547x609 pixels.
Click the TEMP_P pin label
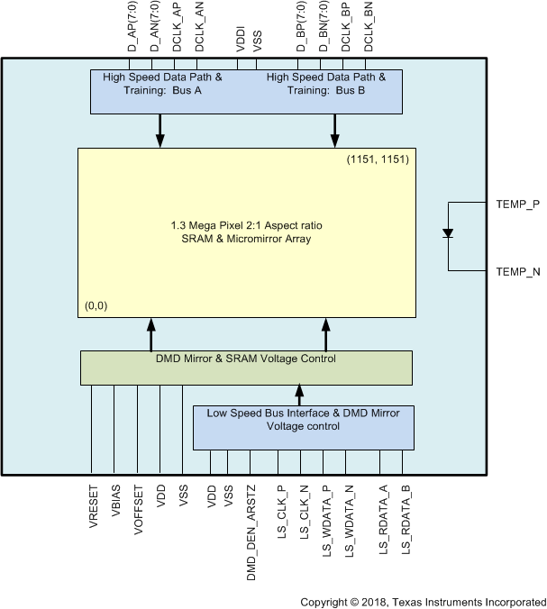pos(517,205)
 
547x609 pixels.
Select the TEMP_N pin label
pos(517,270)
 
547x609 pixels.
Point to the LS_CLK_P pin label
pos(281,514)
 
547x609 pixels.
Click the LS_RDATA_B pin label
pos(406,518)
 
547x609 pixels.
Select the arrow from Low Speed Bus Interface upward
pos(298,395)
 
